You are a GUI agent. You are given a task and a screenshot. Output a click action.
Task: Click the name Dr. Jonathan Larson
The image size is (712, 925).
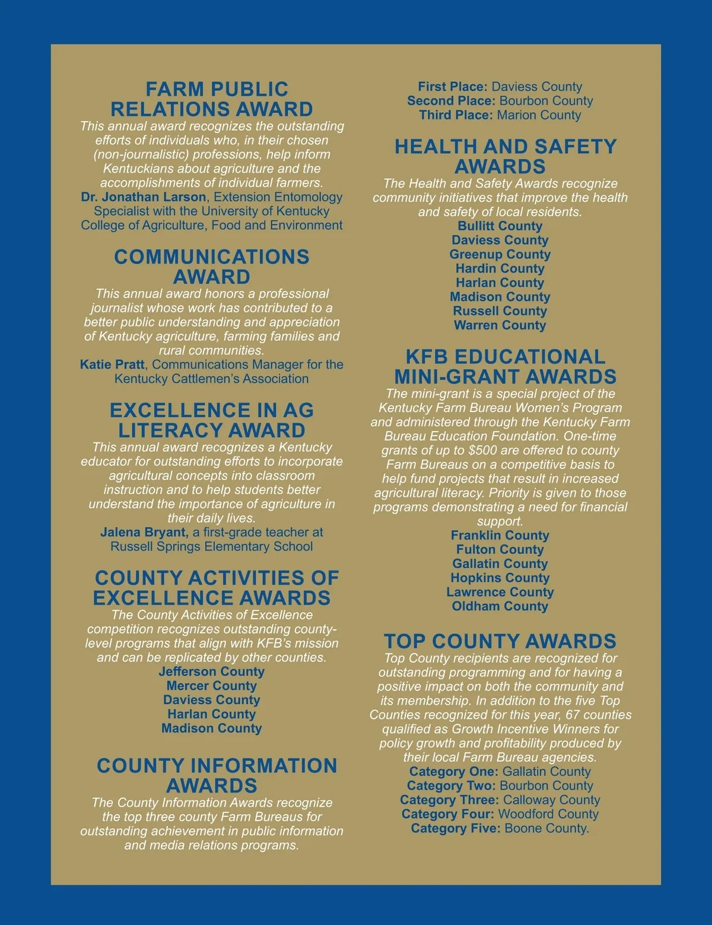click(x=144, y=197)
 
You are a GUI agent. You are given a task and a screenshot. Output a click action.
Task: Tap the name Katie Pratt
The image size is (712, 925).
click(x=112, y=365)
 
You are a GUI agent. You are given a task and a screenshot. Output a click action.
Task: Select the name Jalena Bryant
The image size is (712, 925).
click(x=144, y=533)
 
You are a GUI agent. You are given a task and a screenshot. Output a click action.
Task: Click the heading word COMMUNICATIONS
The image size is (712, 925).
click(x=212, y=257)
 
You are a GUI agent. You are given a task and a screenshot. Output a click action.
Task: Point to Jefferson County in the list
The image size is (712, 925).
click(x=212, y=671)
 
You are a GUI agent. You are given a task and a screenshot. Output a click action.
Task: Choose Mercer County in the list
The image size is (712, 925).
click(x=212, y=686)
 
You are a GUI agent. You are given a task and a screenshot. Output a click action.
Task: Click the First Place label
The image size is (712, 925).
click(x=452, y=87)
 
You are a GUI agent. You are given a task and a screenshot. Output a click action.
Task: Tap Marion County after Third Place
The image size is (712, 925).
click(x=539, y=115)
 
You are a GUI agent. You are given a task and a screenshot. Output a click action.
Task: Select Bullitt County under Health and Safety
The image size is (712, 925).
click(x=500, y=226)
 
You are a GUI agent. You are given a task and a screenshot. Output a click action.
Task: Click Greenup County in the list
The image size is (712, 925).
click(x=500, y=255)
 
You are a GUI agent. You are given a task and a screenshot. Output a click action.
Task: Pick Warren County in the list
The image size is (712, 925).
click(x=500, y=325)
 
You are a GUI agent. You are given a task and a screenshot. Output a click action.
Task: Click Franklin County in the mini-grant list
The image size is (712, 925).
click(x=500, y=536)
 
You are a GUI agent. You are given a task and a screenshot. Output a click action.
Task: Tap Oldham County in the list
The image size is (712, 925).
click(x=500, y=606)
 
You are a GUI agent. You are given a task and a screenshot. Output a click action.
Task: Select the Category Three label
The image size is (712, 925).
click(x=449, y=800)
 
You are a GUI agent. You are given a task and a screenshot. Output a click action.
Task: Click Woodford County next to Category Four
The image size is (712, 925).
click(x=548, y=815)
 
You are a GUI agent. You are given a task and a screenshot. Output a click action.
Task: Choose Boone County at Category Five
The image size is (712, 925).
click(x=546, y=829)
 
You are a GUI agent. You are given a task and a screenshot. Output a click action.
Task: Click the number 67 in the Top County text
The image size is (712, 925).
click(x=573, y=715)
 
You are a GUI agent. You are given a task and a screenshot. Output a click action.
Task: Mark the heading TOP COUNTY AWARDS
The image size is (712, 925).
click(x=500, y=641)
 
